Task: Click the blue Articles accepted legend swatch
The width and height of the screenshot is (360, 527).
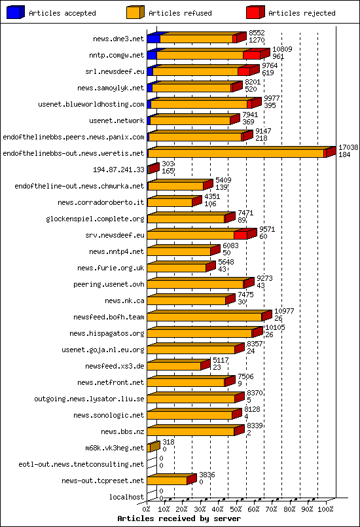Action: coord(16,12)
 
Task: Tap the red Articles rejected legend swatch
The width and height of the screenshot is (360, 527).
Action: coord(255,12)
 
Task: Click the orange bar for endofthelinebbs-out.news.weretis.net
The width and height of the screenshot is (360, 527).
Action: coord(236,153)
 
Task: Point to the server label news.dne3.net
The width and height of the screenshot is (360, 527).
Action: coord(118,39)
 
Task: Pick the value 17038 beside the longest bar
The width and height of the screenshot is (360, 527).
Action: coord(348,149)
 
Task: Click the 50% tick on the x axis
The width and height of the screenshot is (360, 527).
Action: coord(236,508)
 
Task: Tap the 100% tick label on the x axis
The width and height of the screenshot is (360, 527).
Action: coord(325,508)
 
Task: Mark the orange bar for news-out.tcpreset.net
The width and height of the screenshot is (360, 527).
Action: coord(168,481)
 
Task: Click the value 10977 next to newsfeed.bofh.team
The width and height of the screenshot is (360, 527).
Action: coord(283,312)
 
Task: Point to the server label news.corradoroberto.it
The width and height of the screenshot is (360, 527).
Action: coord(101,202)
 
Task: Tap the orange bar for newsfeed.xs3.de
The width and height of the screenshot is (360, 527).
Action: coord(174,366)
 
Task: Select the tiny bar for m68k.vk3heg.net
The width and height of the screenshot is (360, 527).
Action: coord(153,447)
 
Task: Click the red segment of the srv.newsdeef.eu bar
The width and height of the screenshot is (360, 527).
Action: coord(240,235)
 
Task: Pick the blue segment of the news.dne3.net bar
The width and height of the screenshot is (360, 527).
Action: coord(153,39)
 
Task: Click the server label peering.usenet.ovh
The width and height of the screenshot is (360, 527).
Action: coord(108,284)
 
